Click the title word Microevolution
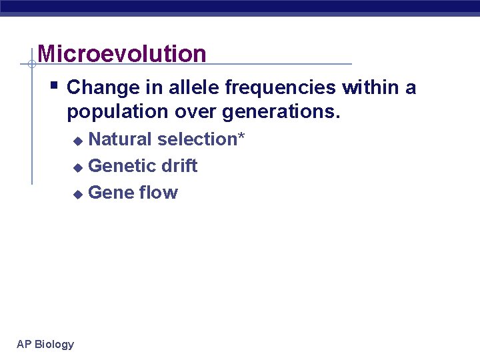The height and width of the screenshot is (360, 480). pyautogui.click(x=122, y=54)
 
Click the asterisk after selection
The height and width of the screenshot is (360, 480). pyautogui.click(x=241, y=137)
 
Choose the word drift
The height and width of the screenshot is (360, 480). pyautogui.click(x=179, y=166)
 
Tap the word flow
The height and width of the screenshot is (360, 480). pyautogui.click(x=159, y=193)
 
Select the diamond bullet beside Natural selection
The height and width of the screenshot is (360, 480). pyautogui.click(x=77, y=141)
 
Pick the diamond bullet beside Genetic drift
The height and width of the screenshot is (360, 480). pyautogui.click(x=77, y=167)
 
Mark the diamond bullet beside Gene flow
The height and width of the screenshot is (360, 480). pyautogui.click(x=77, y=194)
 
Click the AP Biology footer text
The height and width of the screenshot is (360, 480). pyautogui.click(x=45, y=344)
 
